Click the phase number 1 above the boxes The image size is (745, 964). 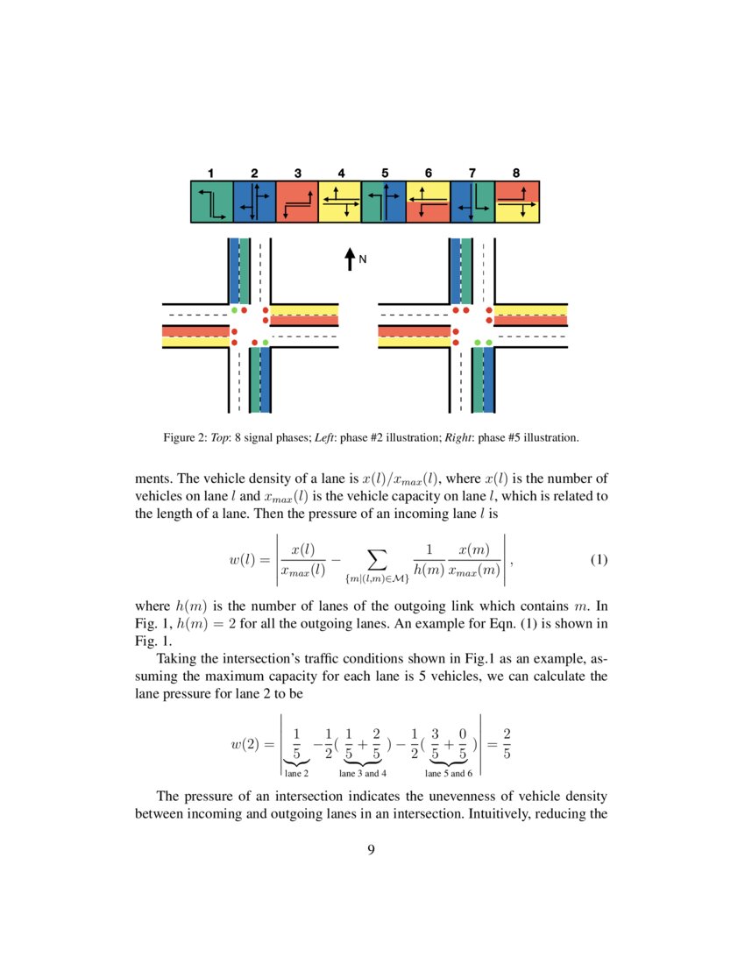210,173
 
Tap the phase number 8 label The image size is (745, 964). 516,173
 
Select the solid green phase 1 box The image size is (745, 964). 211,202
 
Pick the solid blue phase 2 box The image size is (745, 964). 254,202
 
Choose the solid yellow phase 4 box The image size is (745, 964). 341,202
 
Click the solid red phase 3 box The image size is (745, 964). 298,202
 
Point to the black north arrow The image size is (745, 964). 350,259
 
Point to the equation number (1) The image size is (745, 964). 599,560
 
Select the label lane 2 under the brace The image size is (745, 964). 297,774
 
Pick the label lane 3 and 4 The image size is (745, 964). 363,774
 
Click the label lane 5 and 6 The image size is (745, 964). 449,774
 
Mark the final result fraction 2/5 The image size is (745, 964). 507,744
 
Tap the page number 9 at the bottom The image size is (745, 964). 372,848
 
